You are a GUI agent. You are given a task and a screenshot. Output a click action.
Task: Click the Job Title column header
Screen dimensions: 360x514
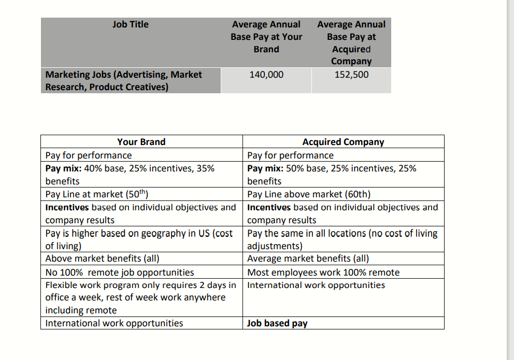(x=130, y=24)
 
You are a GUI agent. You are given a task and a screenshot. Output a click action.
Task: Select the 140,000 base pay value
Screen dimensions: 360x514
(x=266, y=75)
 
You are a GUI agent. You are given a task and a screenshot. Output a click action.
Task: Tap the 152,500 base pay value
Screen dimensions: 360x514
(x=351, y=75)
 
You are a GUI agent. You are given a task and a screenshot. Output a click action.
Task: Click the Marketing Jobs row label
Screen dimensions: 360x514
(x=124, y=81)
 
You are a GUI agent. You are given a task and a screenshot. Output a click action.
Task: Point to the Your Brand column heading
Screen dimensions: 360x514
(x=141, y=142)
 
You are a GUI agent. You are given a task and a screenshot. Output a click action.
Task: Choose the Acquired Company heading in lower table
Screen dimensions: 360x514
(x=343, y=142)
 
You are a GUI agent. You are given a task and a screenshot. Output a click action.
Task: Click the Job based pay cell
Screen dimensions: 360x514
(x=277, y=323)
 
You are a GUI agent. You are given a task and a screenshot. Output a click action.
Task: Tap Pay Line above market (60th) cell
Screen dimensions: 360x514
(x=309, y=195)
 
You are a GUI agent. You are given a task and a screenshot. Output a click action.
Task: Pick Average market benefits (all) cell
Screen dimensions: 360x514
(x=308, y=258)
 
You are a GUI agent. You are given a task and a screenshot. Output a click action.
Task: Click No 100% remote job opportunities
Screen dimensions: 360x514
(x=120, y=272)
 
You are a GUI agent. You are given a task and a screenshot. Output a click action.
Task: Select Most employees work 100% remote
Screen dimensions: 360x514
(x=323, y=272)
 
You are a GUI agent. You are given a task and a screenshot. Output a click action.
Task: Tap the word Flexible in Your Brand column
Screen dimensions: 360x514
(x=62, y=285)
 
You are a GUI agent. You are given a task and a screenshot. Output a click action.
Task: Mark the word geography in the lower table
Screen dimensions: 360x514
(x=153, y=234)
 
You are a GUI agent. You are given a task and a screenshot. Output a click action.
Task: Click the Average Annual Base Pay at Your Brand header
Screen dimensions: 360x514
(x=266, y=37)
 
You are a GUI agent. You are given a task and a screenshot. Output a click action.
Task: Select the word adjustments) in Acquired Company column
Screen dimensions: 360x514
(x=275, y=246)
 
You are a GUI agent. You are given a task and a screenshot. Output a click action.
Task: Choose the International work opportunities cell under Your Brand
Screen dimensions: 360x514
(x=114, y=323)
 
